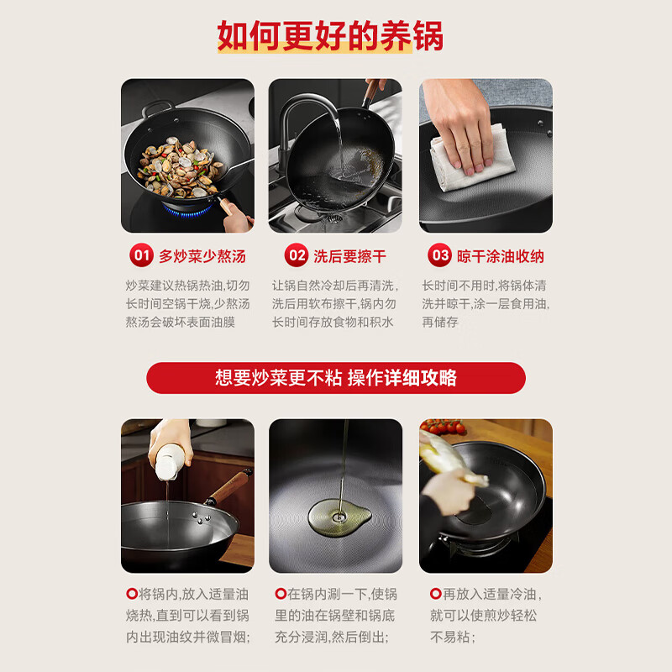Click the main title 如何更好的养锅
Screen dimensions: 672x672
pyautogui.click(x=330, y=36)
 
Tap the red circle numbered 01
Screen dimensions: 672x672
pyautogui.click(x=141, y=255)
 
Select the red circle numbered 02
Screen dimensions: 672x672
pyautogui.click(x=297, y=255)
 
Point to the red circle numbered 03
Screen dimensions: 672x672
pyautogui.click(x=439, y=255)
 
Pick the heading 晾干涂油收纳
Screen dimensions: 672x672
pyautogui.click(x=501, y=256)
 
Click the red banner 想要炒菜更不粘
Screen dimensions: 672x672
pyautogui.click(x=336, y=378)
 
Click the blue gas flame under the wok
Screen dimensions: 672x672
pyautogui.click(x=188, y=209)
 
